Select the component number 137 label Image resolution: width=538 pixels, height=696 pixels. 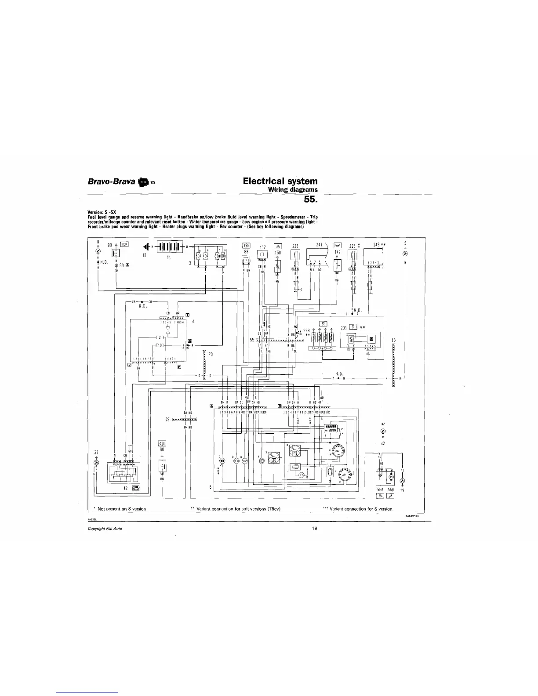coord(263,247)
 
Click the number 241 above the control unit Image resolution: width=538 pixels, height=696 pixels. coord(320,245)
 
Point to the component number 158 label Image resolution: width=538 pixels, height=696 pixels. coord(278,253)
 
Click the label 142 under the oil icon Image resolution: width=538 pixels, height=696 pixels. coord(337,252)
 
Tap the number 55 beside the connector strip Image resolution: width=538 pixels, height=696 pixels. coord(252,340)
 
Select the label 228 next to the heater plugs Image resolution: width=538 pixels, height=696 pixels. coord(307,330)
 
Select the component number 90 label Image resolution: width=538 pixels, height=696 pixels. coord(162,449)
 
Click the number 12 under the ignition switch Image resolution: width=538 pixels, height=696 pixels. coord(126,488)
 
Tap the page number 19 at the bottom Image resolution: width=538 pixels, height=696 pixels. coord(314,529)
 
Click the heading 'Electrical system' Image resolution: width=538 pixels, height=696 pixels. coord(280,181)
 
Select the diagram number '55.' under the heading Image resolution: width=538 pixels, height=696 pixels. coord(310,200)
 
